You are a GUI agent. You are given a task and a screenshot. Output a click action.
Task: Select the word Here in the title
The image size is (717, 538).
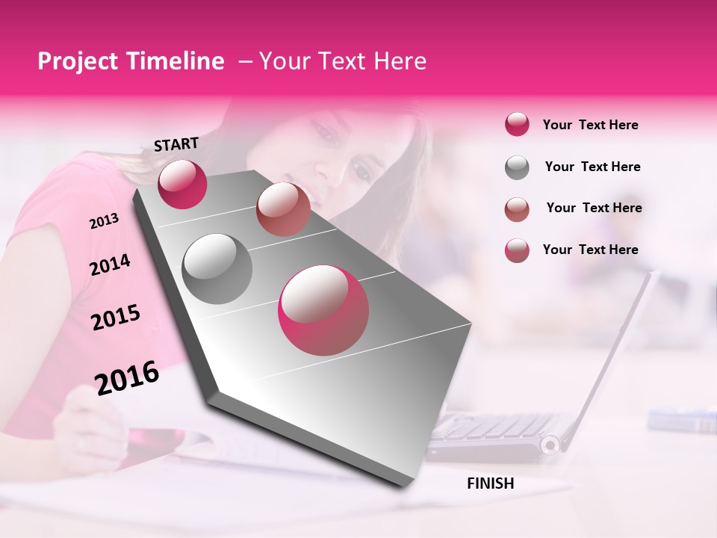(x=400, y=61)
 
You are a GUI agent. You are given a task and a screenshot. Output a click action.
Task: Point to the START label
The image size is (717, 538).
(x=176, y=144)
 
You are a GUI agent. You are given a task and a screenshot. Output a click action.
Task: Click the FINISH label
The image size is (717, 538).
(x=490, y=483)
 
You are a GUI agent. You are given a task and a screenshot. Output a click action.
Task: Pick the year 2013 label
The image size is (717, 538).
(x=104, y=221)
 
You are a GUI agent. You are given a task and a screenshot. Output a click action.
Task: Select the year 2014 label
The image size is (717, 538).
(x=110, y=265)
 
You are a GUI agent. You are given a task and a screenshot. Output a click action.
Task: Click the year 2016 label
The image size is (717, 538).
(x=127, y=377)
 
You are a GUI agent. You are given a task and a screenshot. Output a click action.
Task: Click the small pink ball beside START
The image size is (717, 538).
(x=182, y=184)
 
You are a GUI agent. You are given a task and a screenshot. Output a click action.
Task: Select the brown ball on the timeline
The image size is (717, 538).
(x=283, y=209)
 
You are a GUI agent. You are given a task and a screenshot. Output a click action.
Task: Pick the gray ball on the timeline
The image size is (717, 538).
(x=217, y=268)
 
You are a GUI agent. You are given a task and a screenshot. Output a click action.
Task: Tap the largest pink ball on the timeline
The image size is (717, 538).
(x=323, y=310)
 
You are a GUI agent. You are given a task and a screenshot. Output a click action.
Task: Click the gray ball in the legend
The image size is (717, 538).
(x=517, y=167)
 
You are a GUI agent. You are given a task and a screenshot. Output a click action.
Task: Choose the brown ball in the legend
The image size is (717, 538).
(x=517, y=208)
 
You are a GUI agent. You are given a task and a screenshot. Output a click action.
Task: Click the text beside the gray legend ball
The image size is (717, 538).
(x=592, y=167)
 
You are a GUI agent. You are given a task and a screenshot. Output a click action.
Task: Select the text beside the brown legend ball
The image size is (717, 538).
(x=594, y=208)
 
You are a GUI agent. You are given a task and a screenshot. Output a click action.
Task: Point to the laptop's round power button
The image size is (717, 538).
(x=550, y=445)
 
